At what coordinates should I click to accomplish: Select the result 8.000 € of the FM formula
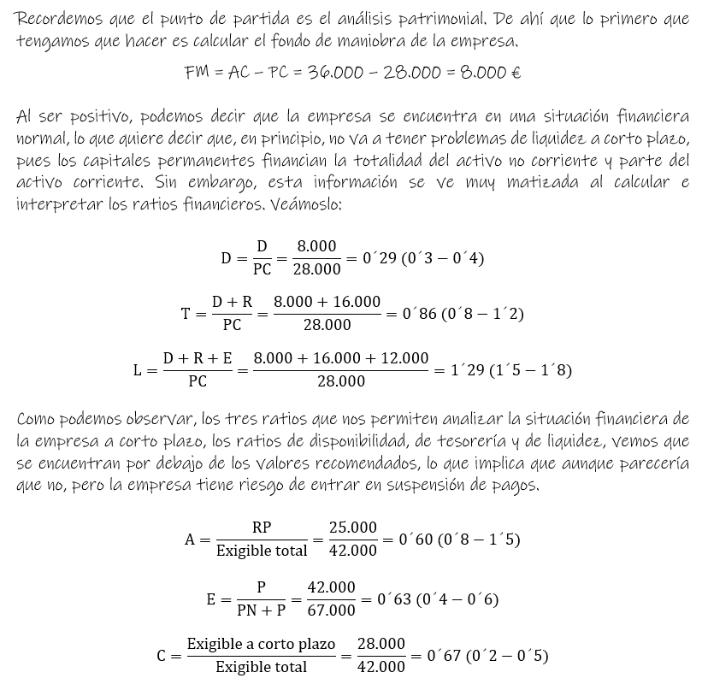[490, 73]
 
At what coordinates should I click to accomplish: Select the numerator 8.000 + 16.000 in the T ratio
[327, 302]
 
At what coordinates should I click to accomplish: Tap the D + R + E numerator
[198, 359]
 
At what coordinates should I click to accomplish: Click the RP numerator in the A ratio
[262, 528]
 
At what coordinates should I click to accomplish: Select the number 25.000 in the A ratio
[352, 528]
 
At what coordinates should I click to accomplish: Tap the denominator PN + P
[261, 610]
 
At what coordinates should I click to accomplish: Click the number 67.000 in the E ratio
[331, 610]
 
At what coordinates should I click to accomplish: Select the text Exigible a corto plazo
[261, 644]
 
